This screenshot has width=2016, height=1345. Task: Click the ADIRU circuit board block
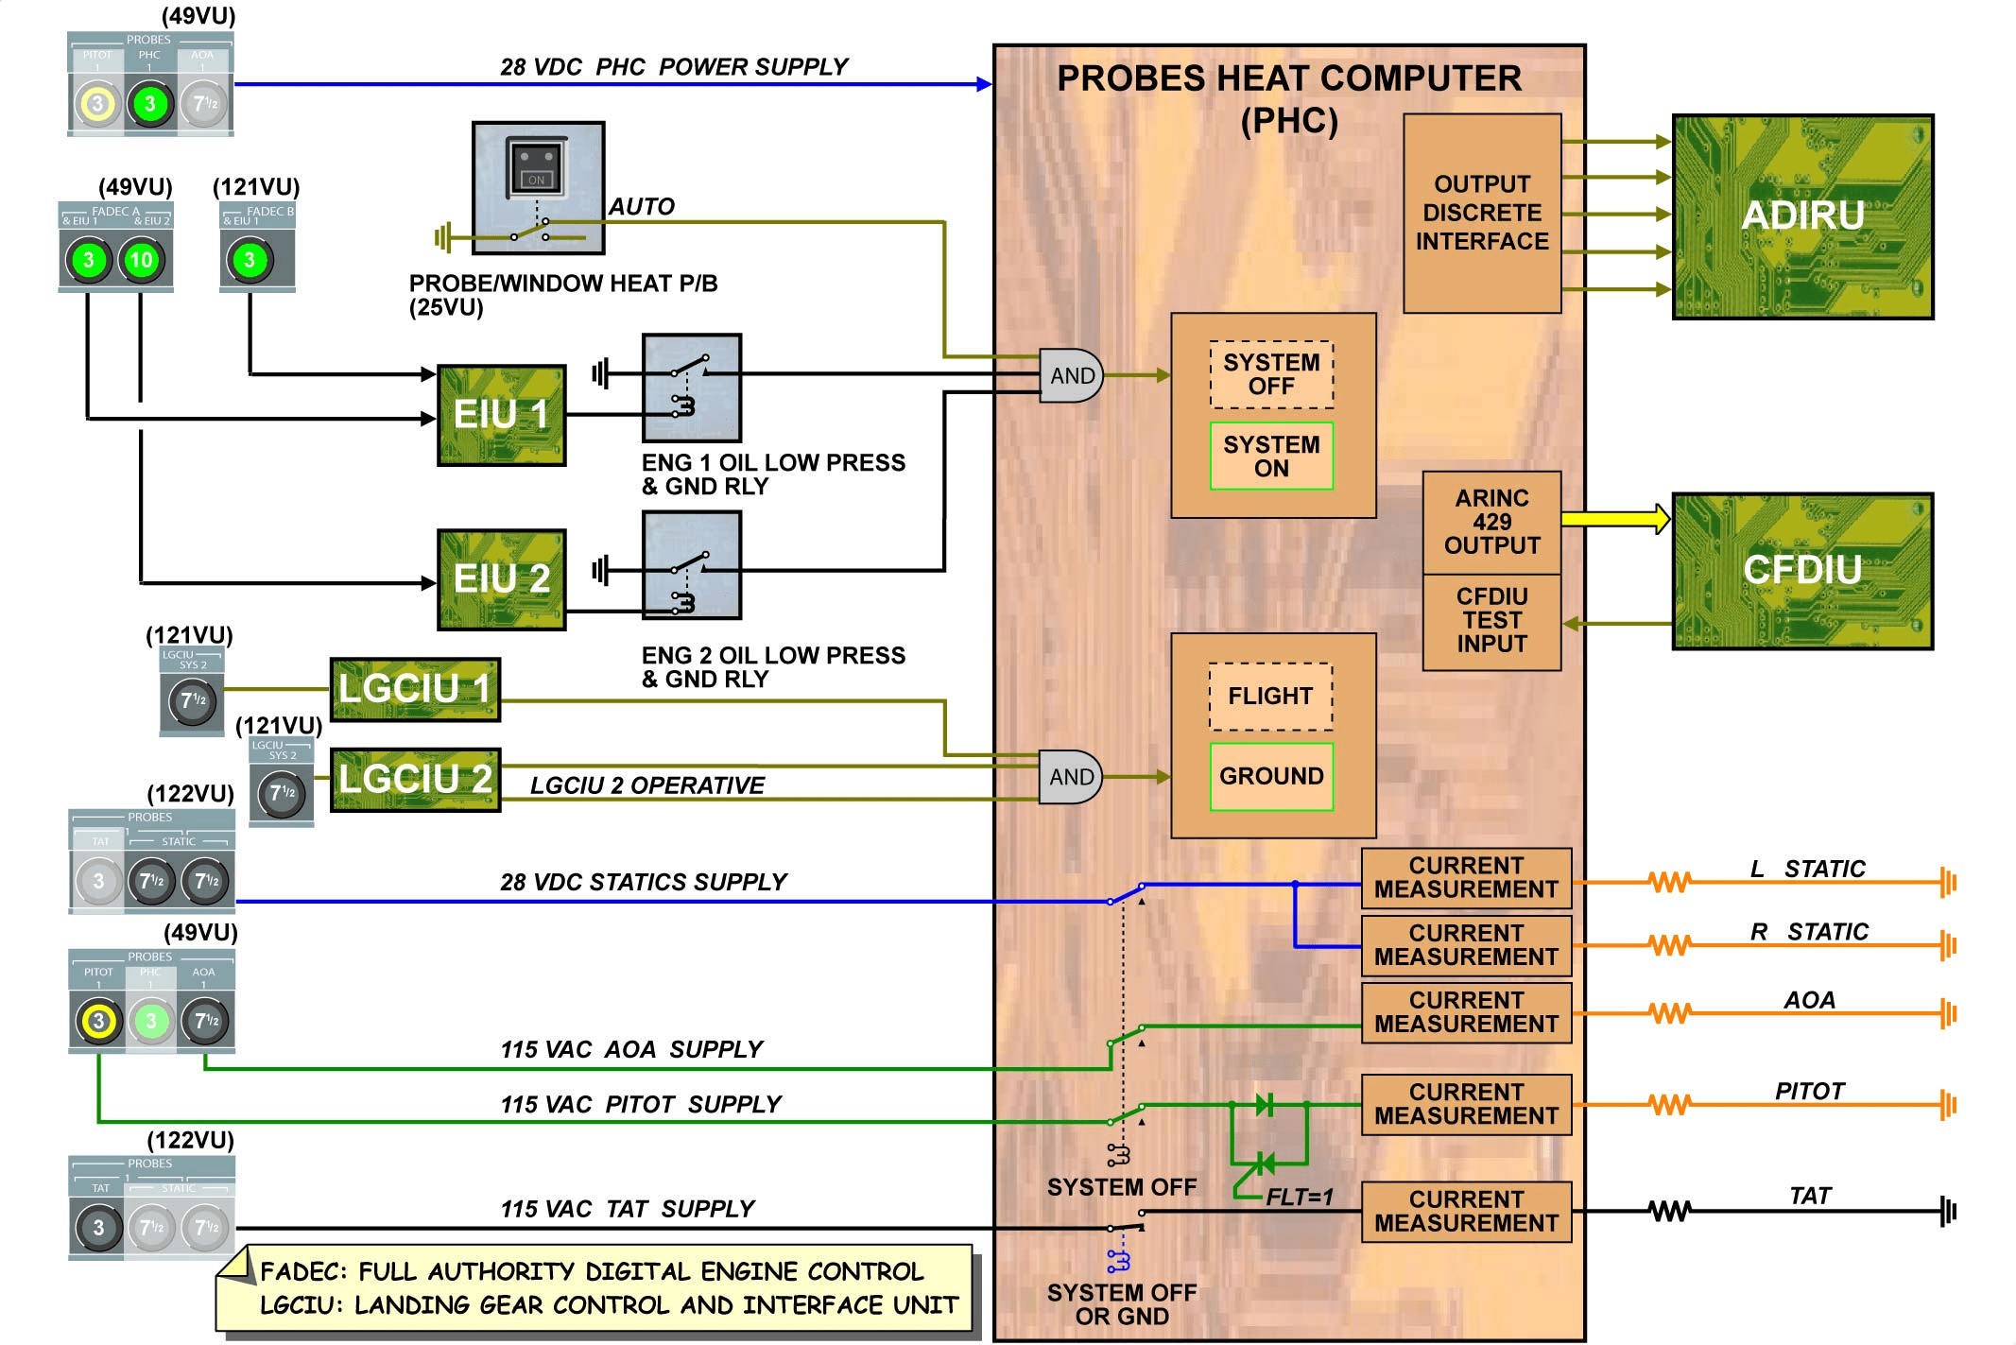tap(1802, 216)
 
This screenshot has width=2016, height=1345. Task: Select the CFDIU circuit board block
tap(1802, 571)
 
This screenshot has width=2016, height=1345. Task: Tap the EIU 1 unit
tap(502, 415)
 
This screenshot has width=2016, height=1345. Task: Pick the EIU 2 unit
tap(502, 579)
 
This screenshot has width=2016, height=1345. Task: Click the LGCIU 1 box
tap(415, 689)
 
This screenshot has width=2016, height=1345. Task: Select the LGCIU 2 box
tap(415, 780)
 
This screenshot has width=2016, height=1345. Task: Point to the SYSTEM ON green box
tap(1271, 457)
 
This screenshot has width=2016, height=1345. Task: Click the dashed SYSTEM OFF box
tap(1271, 374)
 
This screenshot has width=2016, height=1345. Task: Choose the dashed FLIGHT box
tap(1271, 697)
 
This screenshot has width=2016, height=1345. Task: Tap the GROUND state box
tap(1271, 776)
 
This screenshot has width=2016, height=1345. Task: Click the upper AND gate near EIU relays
tap(1071, 375)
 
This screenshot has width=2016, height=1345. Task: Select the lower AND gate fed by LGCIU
tap(1071, 777)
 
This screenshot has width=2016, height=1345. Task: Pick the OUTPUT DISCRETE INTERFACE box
tap(1482, 214)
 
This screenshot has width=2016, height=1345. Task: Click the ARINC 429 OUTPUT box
tap(1491, 522)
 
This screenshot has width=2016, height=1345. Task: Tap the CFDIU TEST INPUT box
tap(1491, 621)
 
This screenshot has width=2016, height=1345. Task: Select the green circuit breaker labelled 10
tap(141, 260)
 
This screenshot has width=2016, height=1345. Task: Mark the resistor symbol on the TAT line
tap(1669, 1211)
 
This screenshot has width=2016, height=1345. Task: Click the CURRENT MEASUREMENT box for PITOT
tap(1466, 1104)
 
